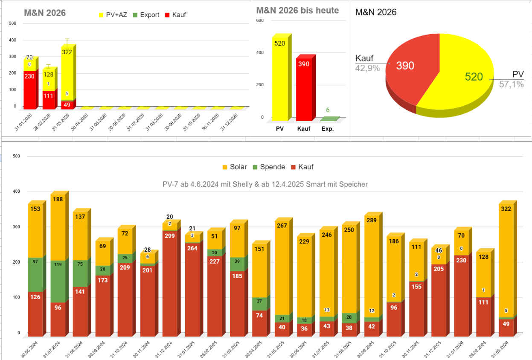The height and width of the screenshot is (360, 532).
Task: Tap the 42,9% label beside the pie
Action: [367, 68]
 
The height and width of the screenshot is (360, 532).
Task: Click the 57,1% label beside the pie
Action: [511, 84]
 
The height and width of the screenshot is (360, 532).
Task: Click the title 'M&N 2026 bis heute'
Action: [297, 10]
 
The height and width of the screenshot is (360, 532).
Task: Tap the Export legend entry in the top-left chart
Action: [146, 15]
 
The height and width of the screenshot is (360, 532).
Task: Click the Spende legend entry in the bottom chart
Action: [269, 167]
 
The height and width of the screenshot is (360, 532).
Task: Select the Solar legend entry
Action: [235, 167]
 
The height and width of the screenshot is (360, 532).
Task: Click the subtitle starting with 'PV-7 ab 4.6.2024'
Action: [265, 184]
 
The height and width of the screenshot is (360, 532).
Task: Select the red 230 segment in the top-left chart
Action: [29, 89]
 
